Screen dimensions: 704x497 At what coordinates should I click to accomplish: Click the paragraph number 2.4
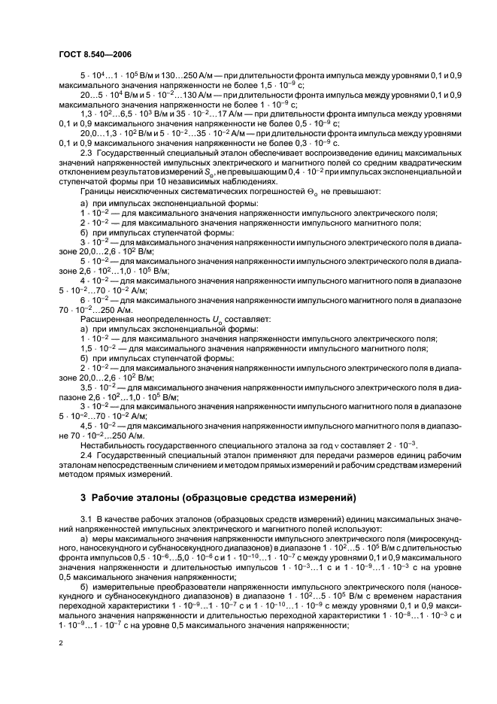click(86, 458)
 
